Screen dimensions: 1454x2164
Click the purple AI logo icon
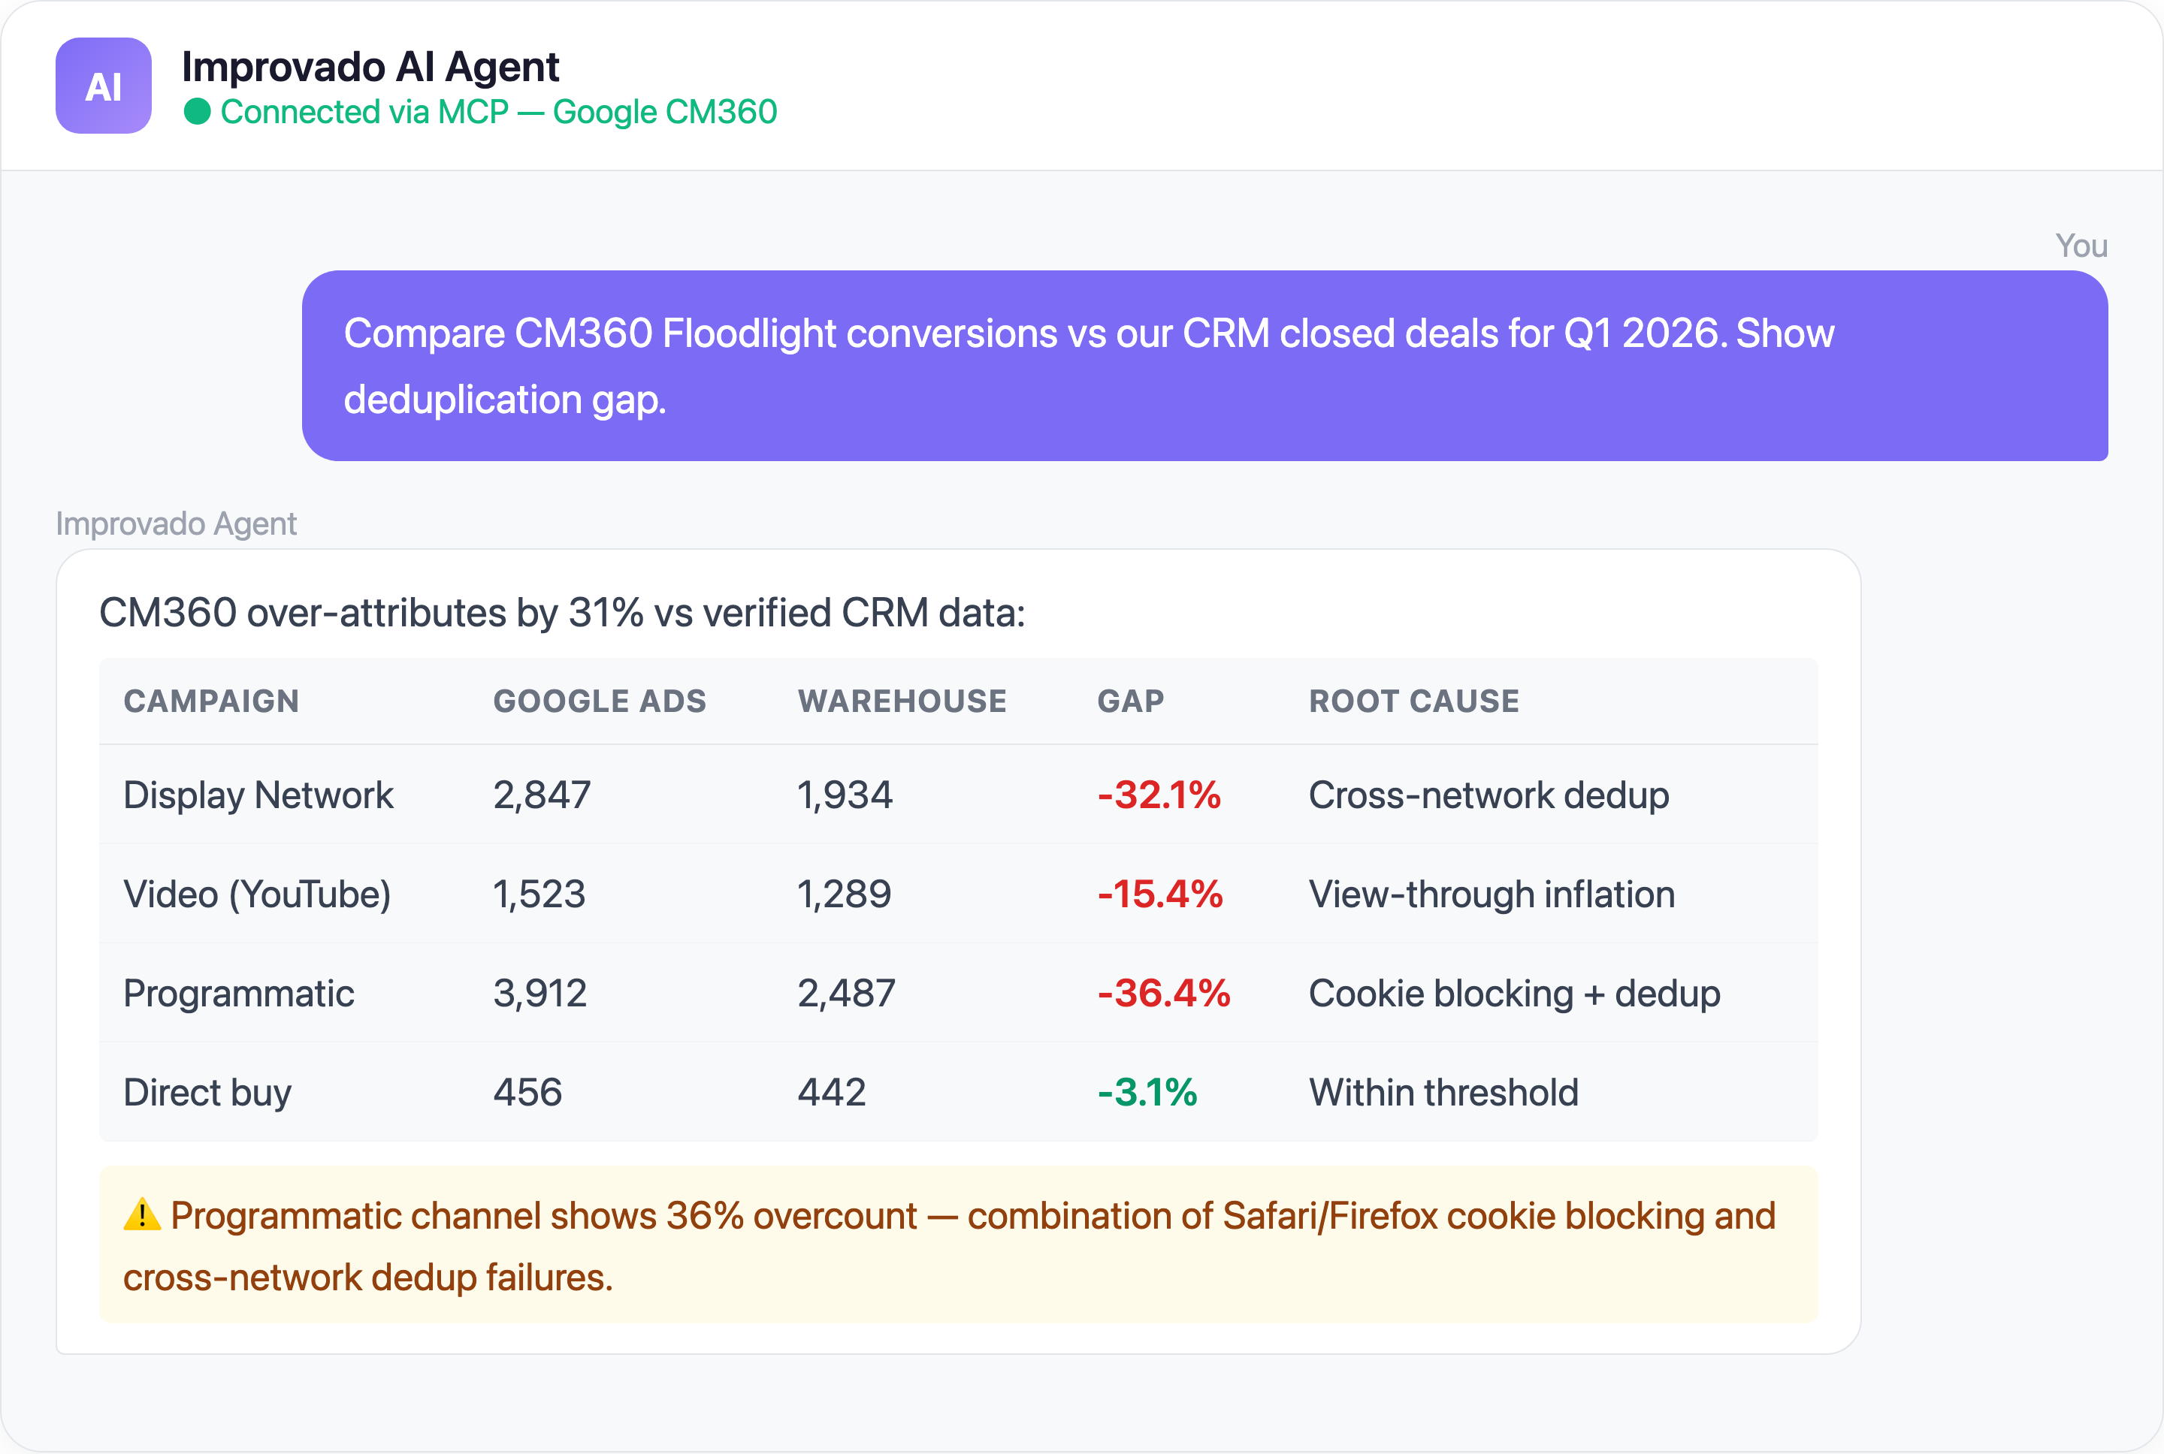point(103,86)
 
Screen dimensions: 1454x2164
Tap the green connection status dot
point(197,112)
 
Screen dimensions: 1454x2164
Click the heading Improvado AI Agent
point(370,67)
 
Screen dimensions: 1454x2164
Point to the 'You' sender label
point(2081,246)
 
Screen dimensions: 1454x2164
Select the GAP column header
point(1130,701)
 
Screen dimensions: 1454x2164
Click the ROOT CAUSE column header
point(1413,701)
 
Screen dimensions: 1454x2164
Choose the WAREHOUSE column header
point(902,701)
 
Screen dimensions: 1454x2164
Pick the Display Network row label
point(258,795)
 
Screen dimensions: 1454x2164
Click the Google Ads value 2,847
point(542,795)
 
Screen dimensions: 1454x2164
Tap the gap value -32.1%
point(1159,795)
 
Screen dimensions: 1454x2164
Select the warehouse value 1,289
point(844,894)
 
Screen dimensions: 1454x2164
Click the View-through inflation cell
point(1491,894)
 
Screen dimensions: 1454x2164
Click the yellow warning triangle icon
point(142,1214)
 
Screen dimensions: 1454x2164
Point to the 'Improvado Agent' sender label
point(177,524)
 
